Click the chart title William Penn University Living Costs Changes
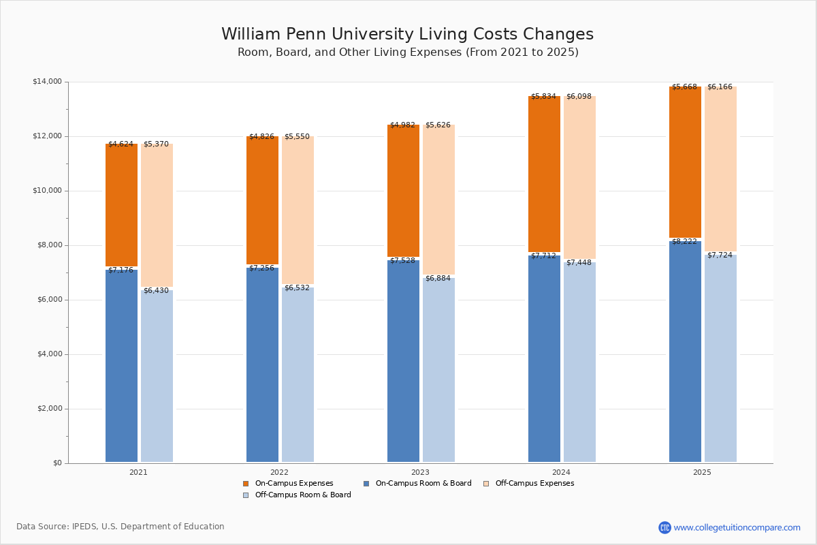[x=407, y=35]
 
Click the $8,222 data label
[x=684, y=242]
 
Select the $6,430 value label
[x=156, y=291]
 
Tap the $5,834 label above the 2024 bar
[x=543, y=97]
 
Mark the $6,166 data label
[x=720, y=87]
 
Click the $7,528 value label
[x=402, y=261]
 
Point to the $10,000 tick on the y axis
[x=48, y=191]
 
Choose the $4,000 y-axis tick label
[x=48, y=354]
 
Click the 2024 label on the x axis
[x=561, y=472]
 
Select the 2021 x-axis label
[x=138, y=472]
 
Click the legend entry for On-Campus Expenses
[x=293, y=484]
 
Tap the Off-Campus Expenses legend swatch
[x=486, y=484]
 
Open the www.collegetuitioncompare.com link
[x=737, y=527]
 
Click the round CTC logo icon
[x=664, y=527]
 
